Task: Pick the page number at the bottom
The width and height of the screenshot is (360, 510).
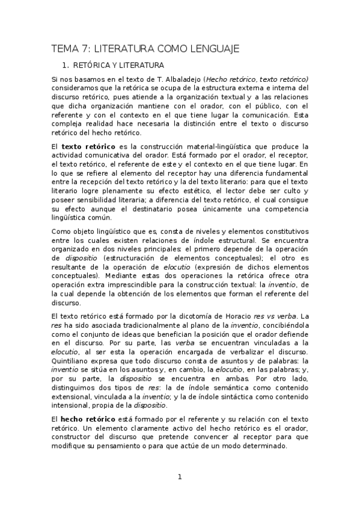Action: pyautogui.click(x=179, y=478)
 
